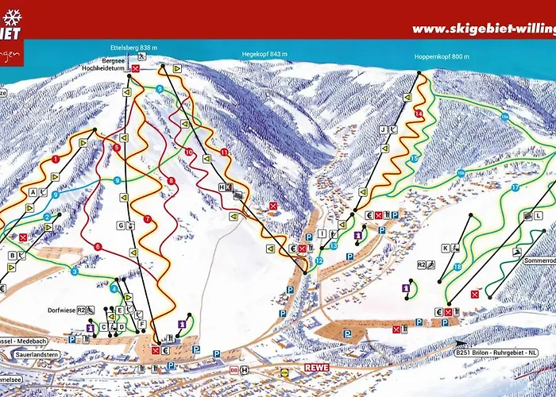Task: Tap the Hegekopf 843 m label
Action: click(x=265, y=54)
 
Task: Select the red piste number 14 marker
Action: click(x=418, y=114)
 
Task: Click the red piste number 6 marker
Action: click(x=98, y=247)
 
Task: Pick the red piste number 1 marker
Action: click(x=56, y=159)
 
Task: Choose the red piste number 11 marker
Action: click(x=224, y=152)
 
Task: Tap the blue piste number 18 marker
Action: click(x=458, y=266)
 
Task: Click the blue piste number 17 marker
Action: click(x=515, y=187)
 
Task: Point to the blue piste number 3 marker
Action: click(x=74, y=272)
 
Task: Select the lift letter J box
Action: click(x=382, y=129)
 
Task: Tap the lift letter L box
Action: click(x=527, y=216)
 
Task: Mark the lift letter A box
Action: click(x=33, y=192)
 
